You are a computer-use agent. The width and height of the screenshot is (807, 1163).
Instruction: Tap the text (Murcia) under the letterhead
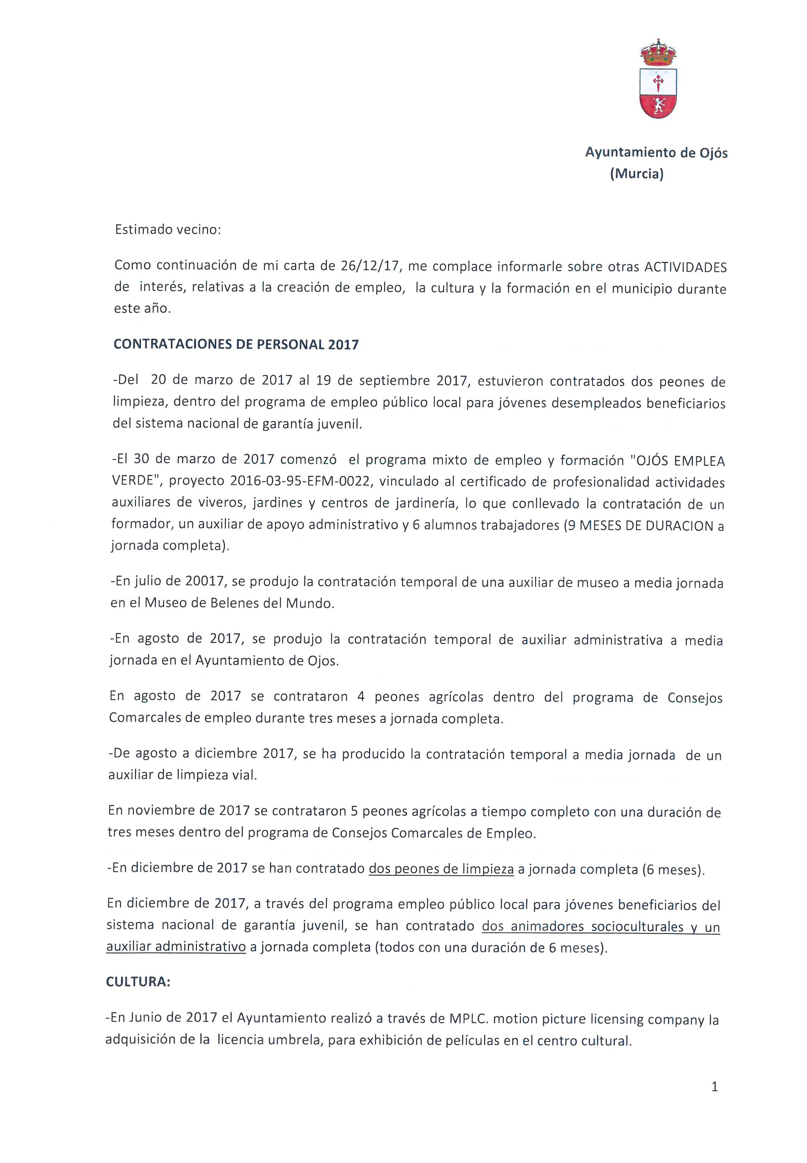click(637, 174)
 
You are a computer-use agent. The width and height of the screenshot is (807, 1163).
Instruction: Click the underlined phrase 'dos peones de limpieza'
click(441, 869)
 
